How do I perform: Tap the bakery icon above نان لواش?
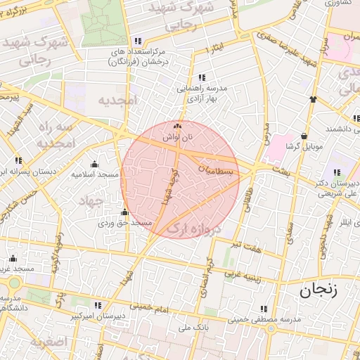tap(176, 127)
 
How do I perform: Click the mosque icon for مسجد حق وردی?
tap(125, 212)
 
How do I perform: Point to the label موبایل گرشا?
tap(303, 147)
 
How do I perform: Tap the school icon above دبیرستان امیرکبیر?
tap(98, 305)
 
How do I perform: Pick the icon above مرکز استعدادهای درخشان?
tap(138, 41)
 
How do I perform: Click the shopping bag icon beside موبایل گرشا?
tap(303, 136)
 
